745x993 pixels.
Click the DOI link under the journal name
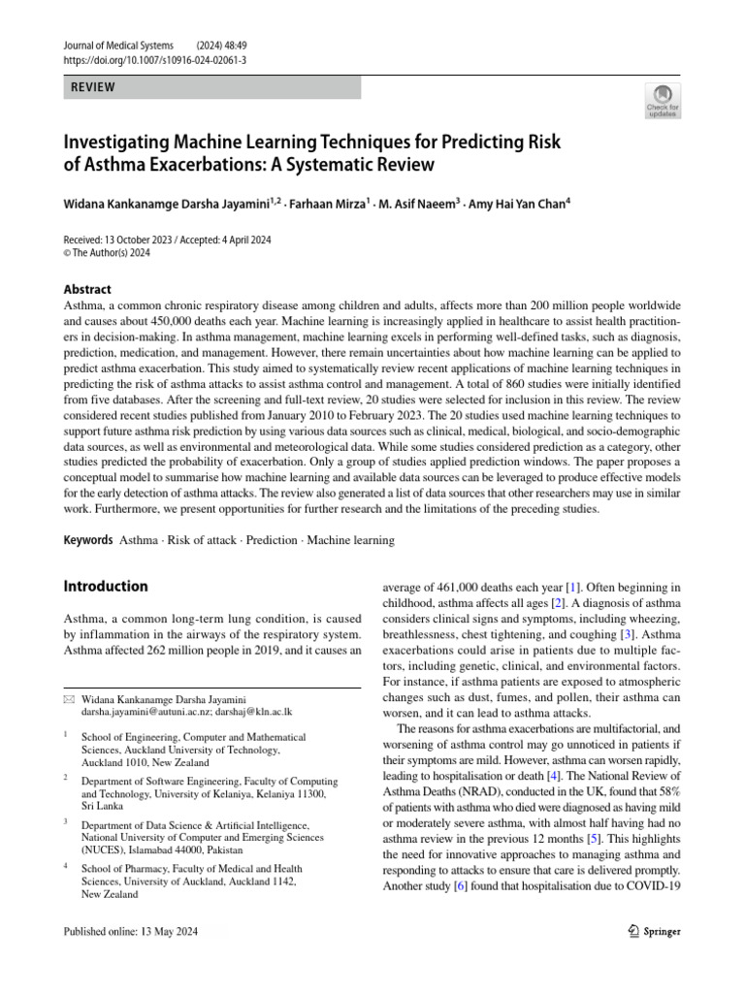pyautogui.click(x=155, y=59)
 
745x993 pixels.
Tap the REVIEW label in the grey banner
pyautogui.click(x=92, y=87)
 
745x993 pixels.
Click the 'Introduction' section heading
pyautogui.click(x=106, y=586)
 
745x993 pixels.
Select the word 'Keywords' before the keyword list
pyautogui.click(x=87, y=539)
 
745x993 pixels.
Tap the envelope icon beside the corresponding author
pyautogui.click(x=68, y=699)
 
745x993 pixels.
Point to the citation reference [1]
pyautogui.click(x=573, y=587)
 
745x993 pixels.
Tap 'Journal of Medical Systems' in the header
pyautogui.click(x=118, y=45)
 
